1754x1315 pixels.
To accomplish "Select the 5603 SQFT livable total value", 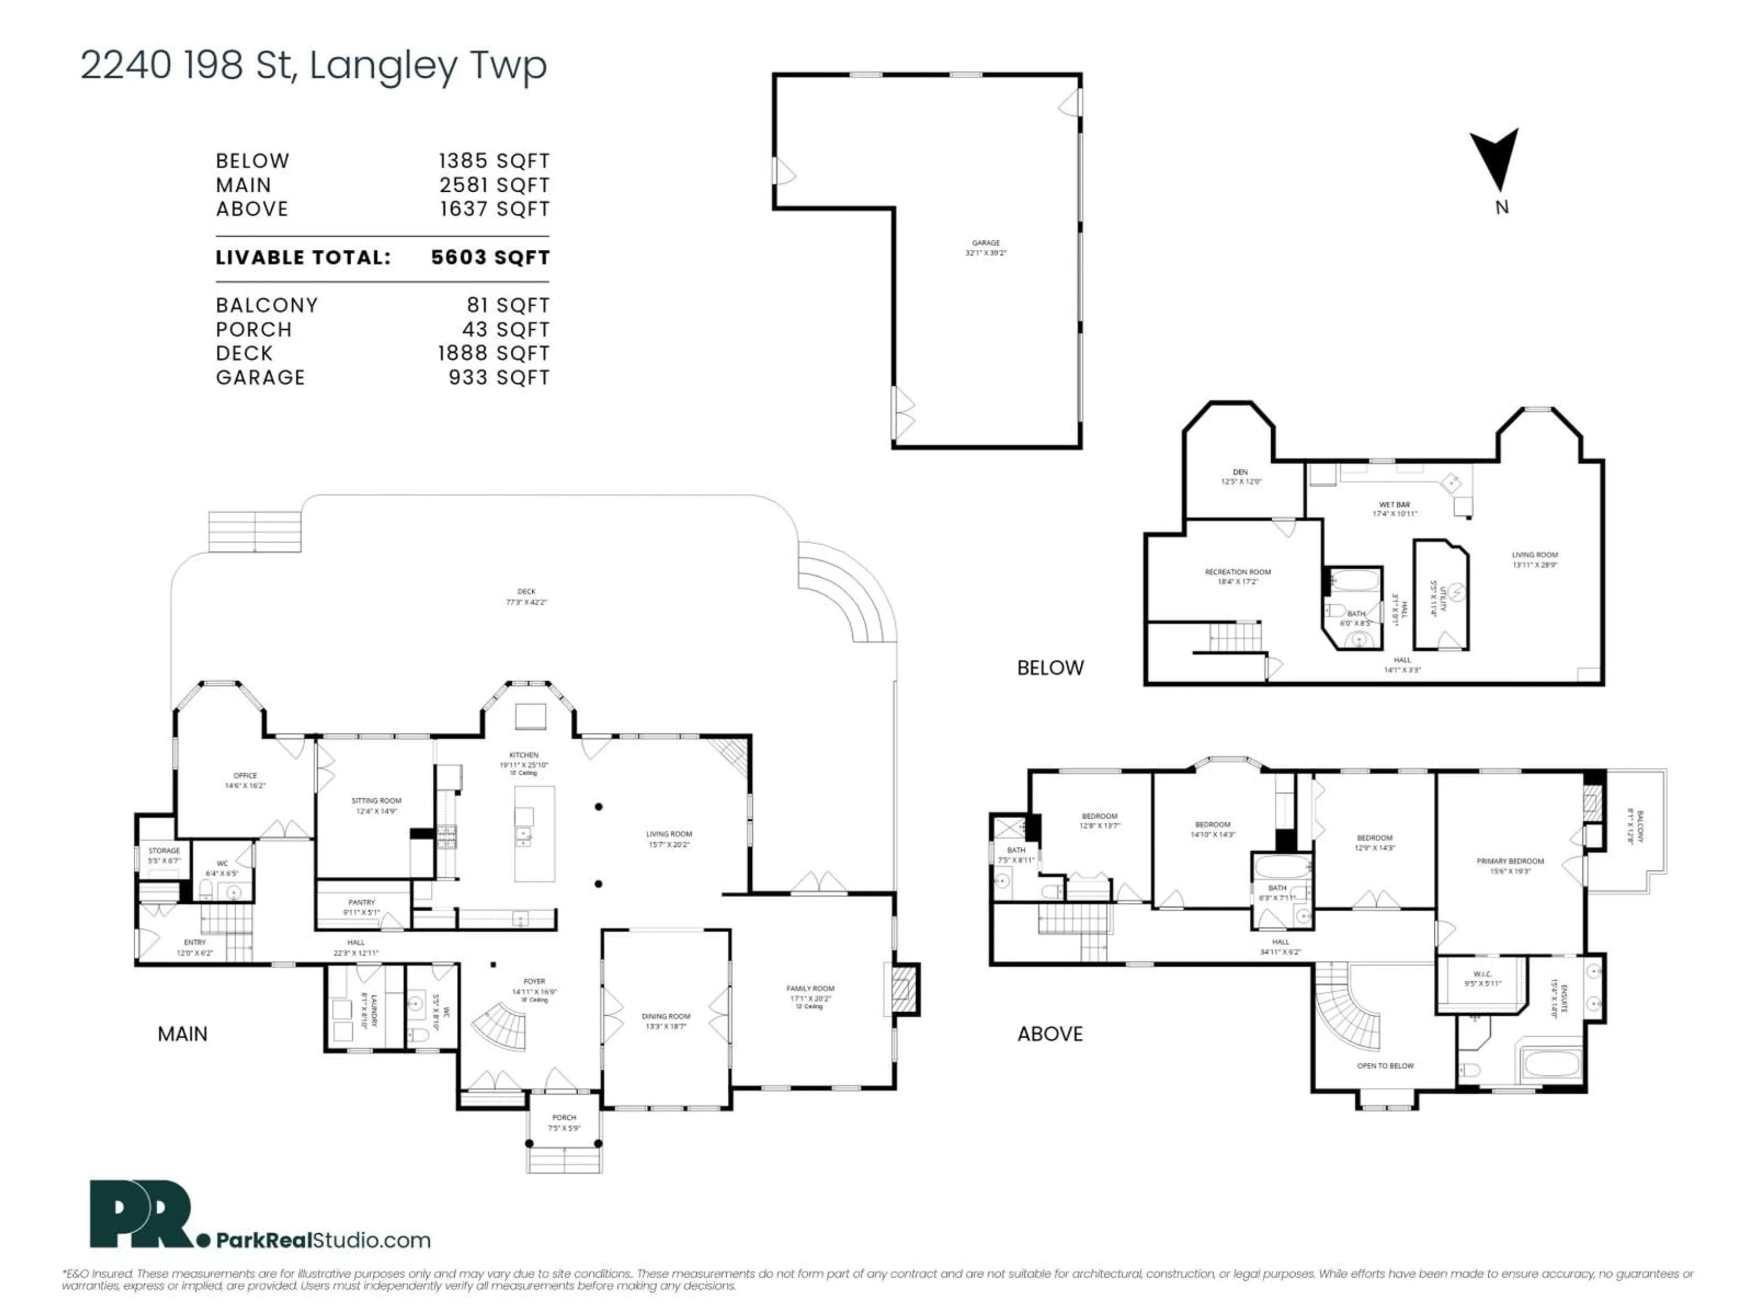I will (490, 258).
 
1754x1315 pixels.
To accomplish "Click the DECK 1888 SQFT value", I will (493, 353).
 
